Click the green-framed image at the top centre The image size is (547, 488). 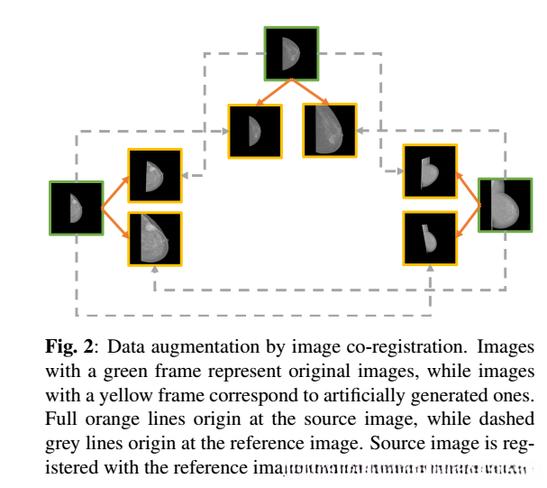tap(290, 53)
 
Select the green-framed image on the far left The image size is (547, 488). tap(77, 208)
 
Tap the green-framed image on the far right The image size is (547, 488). tap(505, 206)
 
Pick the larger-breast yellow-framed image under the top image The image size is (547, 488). tap(330, 130)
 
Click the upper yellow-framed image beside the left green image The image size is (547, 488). tap(155, 176)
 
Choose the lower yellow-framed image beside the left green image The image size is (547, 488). tap(155, 238)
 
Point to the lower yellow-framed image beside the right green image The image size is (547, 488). tap(430, 238)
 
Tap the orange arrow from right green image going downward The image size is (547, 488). tap(468, 221)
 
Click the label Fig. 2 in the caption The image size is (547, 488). tap(64, 346)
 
